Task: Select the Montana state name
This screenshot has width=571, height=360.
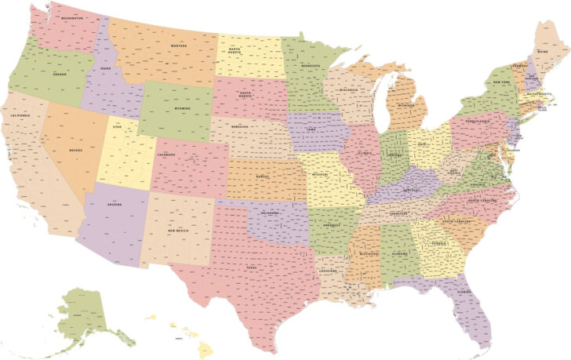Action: pos(178,46)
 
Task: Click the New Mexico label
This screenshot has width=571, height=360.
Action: pos(179,230)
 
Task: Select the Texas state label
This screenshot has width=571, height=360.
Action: pos(252,267)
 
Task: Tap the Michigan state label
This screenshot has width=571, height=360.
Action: pos(406,104)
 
